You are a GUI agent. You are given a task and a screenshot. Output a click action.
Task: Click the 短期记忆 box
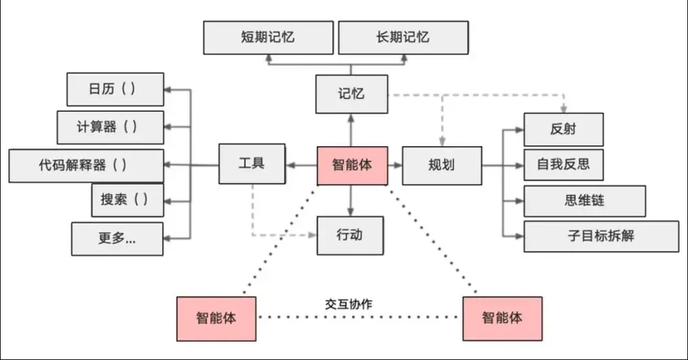268,38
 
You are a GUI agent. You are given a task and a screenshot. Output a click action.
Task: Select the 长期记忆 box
403,38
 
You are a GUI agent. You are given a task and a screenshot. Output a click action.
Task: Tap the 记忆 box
351,94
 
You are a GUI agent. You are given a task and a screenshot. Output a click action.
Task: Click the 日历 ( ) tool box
115,89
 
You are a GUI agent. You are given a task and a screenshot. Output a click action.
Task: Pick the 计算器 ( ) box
110,127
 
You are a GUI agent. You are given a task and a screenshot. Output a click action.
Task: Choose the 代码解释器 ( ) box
86,165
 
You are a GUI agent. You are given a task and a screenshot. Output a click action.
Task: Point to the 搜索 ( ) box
128,200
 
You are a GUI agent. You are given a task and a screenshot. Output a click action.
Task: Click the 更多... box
117,238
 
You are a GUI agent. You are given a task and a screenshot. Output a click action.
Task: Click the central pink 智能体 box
352,166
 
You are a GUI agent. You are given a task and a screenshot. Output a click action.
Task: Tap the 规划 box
442,165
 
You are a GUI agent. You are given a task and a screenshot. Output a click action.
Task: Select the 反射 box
563,129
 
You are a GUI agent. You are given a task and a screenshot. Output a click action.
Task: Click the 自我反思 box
563,164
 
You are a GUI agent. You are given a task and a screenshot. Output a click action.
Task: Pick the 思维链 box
584,201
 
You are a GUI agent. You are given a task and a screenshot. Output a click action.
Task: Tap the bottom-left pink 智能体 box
216,319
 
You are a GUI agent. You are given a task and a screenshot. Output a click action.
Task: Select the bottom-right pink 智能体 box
502,319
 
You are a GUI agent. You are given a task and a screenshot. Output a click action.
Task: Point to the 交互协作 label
349,304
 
